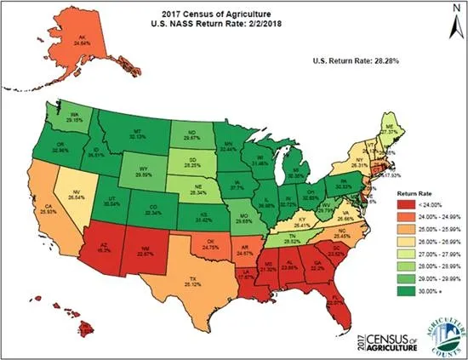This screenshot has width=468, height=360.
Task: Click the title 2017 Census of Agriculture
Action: click(236, 14)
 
